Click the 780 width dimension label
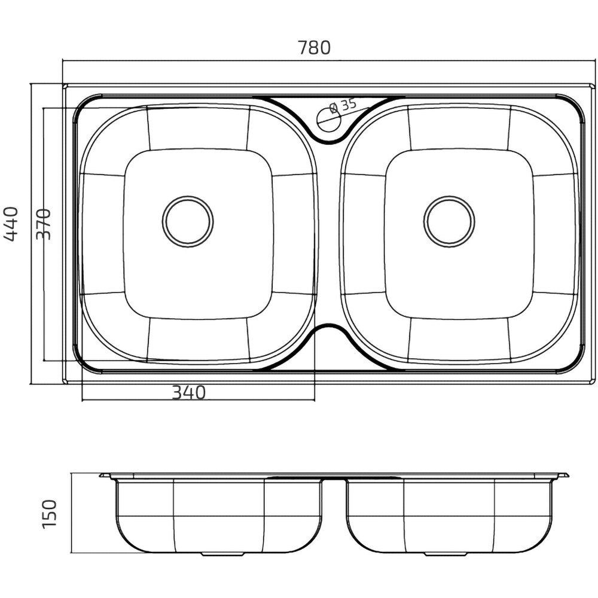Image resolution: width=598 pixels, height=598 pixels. click(314, 48)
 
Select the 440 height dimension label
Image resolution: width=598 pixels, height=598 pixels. click(11, 224)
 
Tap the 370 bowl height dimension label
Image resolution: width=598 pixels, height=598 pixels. click(43, 224)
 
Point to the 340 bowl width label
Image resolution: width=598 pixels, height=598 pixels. click(189, 392)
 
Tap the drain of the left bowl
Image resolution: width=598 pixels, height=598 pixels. click(188, 222)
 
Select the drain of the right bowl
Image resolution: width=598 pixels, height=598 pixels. click(449, 222)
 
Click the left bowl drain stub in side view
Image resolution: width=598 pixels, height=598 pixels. click(222, 554)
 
